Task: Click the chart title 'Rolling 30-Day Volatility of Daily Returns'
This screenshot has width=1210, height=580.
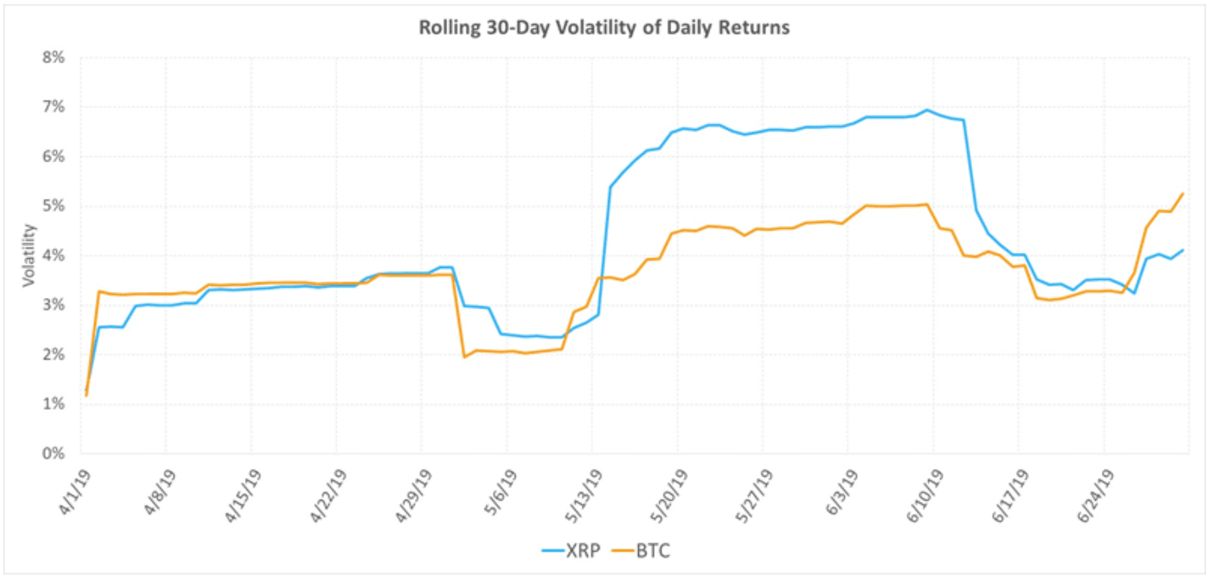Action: coord(604,28)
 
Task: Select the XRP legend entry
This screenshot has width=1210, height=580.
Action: coord(572,551)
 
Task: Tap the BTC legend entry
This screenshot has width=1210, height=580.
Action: coord(641,551)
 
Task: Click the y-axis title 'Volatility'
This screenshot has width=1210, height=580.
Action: coord(28,255)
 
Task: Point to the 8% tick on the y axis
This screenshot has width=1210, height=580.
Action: coord(54,58)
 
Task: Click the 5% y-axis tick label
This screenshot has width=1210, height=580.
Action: coord(54,206)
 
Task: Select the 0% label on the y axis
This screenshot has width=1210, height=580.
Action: coord(54,454)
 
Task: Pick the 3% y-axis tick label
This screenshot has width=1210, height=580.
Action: coord(54,305)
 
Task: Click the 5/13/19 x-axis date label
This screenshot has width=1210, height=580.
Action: coord(584,495)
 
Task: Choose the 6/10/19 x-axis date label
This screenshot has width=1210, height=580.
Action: coord(925,495)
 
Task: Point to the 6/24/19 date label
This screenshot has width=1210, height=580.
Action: coord(1096,495)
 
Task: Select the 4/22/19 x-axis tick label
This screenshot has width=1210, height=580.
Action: coord(329,495)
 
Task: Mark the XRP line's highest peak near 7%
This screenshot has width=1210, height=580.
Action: coord(927,110)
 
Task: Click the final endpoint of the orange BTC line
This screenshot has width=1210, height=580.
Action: coord(1183,193)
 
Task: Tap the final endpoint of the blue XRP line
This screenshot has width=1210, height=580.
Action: coord(1183,250)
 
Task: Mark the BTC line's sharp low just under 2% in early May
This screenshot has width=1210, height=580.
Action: coord(464,357)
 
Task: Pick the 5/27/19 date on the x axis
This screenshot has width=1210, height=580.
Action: coord(755,495)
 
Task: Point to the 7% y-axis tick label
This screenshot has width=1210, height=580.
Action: coord(54,107)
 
